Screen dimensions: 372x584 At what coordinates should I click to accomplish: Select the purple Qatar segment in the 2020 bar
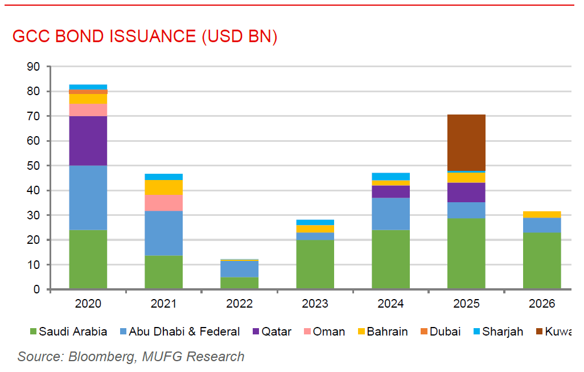(88, 141)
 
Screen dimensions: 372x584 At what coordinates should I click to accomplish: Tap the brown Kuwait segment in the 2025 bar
(466, 142)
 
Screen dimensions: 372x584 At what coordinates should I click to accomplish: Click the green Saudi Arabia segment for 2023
(315, 264)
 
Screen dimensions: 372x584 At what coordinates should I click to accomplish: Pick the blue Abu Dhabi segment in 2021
(164, 234)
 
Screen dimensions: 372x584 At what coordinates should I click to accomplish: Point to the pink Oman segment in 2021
(164, 203)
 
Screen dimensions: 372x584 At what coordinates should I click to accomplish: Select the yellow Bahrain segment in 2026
(541, 214)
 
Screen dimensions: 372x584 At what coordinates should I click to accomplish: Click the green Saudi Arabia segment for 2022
(239, 283)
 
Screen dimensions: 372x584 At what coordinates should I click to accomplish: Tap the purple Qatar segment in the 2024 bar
(390, 192)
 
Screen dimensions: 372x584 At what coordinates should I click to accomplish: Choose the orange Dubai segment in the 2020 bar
(88, 92)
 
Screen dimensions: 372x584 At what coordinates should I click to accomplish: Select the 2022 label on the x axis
(239, 304)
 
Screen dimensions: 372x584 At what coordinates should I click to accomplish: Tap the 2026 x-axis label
(541, 304)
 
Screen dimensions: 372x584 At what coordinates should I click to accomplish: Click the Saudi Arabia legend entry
(68, 332)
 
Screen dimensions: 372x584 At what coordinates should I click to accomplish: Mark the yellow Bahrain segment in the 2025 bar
(466, 178)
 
